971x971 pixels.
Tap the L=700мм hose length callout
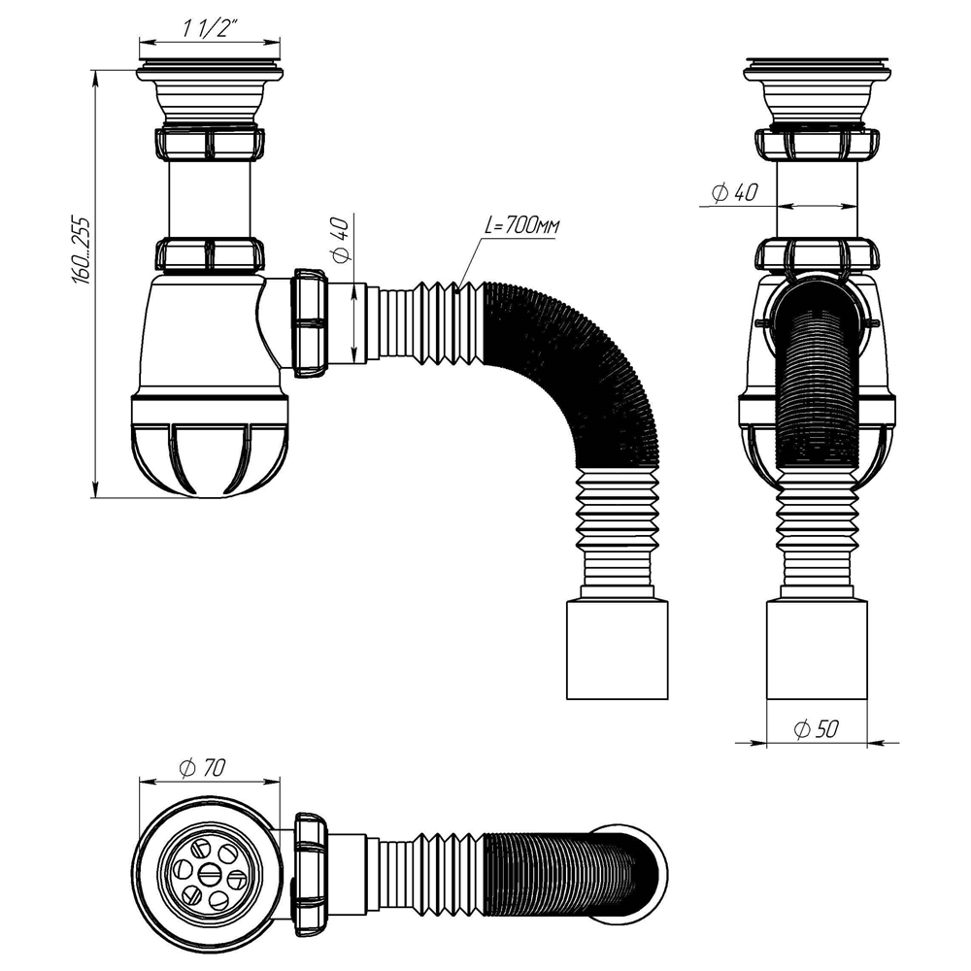[x=521, y=227]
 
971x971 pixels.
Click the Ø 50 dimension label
[x=816, y=729]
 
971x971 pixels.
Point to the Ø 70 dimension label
[x=203, y=767]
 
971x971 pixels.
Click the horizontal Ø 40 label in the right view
[x=734, y=192]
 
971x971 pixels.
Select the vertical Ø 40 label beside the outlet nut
[x=340, y=244]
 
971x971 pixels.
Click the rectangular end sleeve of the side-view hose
[x=618, y=649]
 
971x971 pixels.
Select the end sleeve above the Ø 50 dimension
[x=819, y=649]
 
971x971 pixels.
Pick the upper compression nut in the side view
[x=208, y=143]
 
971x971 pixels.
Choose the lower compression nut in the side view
[x=209, y=254]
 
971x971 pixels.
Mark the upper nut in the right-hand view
[x=819, y=143]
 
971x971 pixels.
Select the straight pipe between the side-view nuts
[x=209, y=198]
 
